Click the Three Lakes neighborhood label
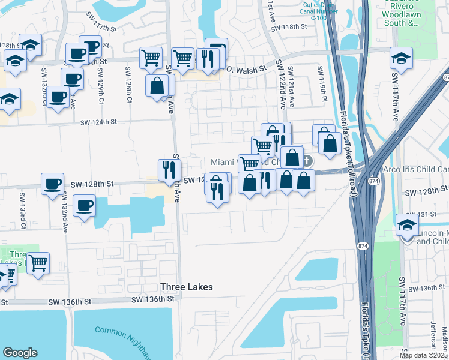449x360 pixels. pyautogui.click(x=186, y=287)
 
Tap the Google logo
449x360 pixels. pyautogui.click(x=20, y=353)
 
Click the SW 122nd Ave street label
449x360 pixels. pyautogui.click(x=280, y=84)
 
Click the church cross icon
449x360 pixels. pyautogui.click(x=307, y=161)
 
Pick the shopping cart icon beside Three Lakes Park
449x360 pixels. pyautogui.click(x=38, y=262)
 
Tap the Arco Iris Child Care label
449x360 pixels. pyautogui.click(x=414, y=170)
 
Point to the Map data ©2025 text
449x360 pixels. pyautogui.click(x=423, y=355)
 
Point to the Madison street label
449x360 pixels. pyautogui.click(x=445, y=336)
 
